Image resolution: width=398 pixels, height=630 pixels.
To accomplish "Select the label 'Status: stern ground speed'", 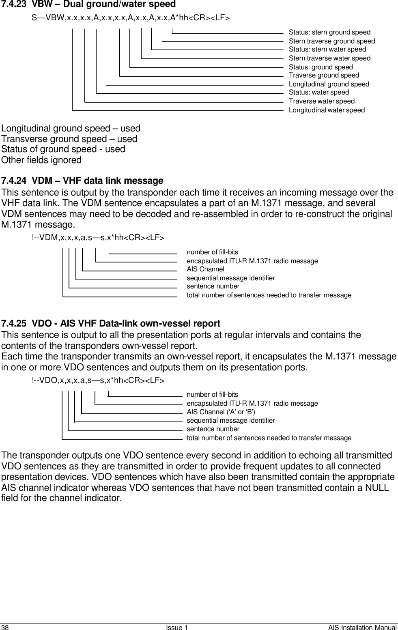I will tap(329, 32).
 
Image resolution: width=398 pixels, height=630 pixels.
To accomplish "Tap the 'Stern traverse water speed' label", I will tap(329, 58).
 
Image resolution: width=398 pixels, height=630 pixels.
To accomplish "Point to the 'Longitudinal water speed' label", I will tap(326, 110).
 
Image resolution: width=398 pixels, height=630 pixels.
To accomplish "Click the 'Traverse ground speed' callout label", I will tap(323, 75).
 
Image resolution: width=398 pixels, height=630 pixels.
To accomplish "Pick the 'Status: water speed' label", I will tap(318, 92).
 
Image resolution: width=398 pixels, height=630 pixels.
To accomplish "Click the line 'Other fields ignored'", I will tap(41, 160).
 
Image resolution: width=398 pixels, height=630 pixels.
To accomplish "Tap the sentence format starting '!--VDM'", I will tap(98, 238).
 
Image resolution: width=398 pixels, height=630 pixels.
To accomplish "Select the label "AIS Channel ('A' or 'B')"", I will tap(221, 412).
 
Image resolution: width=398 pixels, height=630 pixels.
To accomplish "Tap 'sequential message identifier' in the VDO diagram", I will tap(230, 421).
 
